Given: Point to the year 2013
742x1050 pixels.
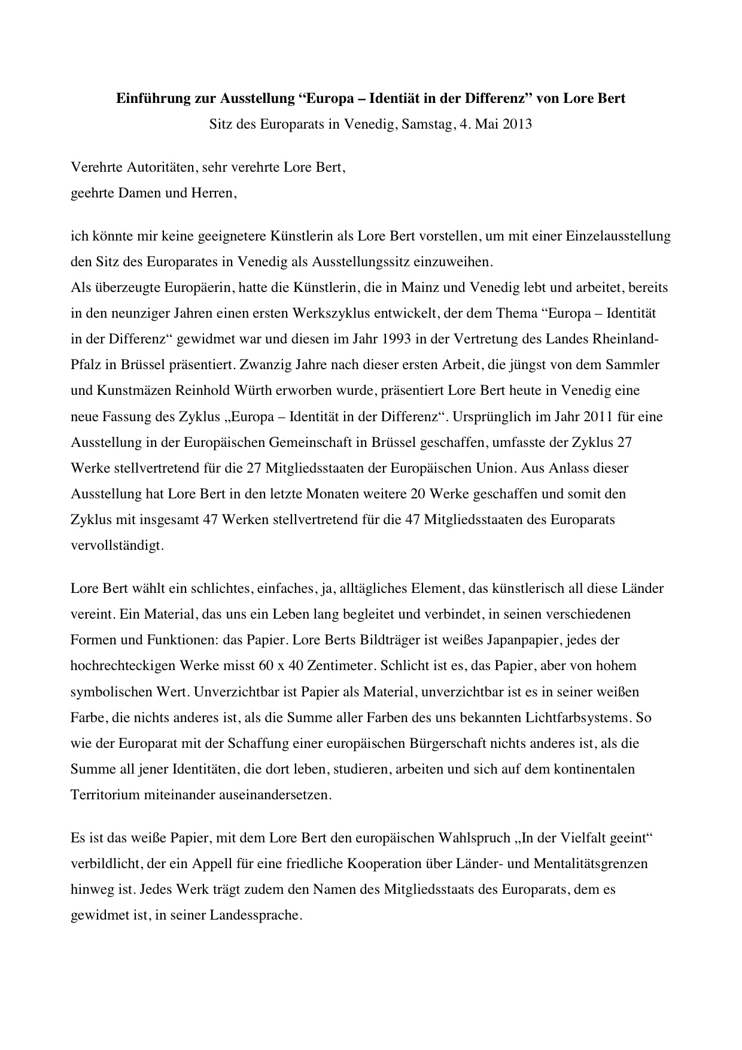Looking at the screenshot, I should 517,125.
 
